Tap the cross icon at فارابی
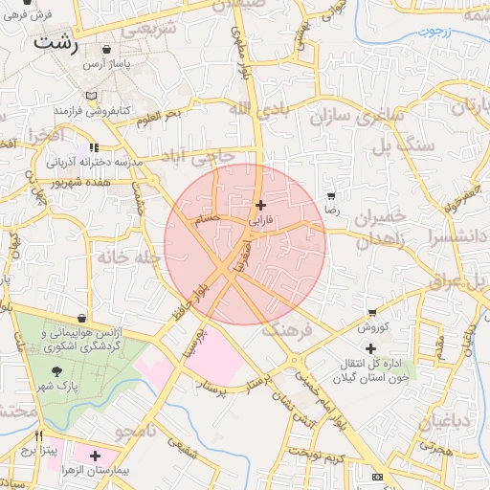(x=260, y=205)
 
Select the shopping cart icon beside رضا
(x=331, y=196)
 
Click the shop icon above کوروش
(x=371, y=312)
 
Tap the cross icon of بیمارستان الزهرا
(x=95, y=457)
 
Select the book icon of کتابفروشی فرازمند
(x=91, y=97)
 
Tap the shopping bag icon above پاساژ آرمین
(x=105, y=49)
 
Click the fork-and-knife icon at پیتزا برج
(x=38, y=435)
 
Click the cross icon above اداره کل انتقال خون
(x=370, y=348)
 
